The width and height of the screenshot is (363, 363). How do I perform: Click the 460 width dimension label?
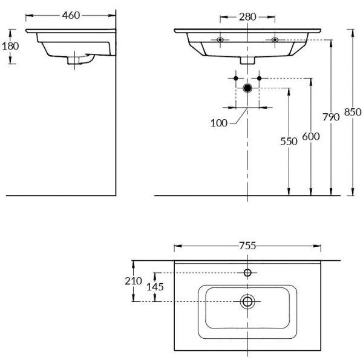pos(71,15)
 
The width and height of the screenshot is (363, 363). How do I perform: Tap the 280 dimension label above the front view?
pos(247,16)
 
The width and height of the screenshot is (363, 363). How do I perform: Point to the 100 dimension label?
pos(219,123)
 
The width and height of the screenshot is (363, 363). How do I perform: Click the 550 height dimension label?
pos(289,141)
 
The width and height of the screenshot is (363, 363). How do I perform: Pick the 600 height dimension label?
pos(310,137)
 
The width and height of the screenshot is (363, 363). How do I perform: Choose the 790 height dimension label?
pos(331,117)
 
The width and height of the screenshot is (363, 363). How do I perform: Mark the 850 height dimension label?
pos(352,111)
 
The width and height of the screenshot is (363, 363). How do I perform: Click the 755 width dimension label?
pos(247,246)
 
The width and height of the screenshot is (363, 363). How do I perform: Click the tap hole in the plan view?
pos(247,272)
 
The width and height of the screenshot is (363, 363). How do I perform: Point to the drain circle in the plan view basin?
pos(247,301)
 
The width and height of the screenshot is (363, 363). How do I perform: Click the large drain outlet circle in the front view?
pos(247,88)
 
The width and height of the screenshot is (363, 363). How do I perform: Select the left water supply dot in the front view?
pos(236,78)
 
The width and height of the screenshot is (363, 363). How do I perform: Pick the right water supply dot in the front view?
pos(259,78)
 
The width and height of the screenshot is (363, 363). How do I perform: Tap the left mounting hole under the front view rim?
pos(220,40)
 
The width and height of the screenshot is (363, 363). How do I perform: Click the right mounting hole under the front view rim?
pos(275,40)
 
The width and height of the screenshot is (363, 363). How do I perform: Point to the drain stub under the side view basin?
pos(76,59)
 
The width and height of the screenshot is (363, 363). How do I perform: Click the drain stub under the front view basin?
pos(247,60)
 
